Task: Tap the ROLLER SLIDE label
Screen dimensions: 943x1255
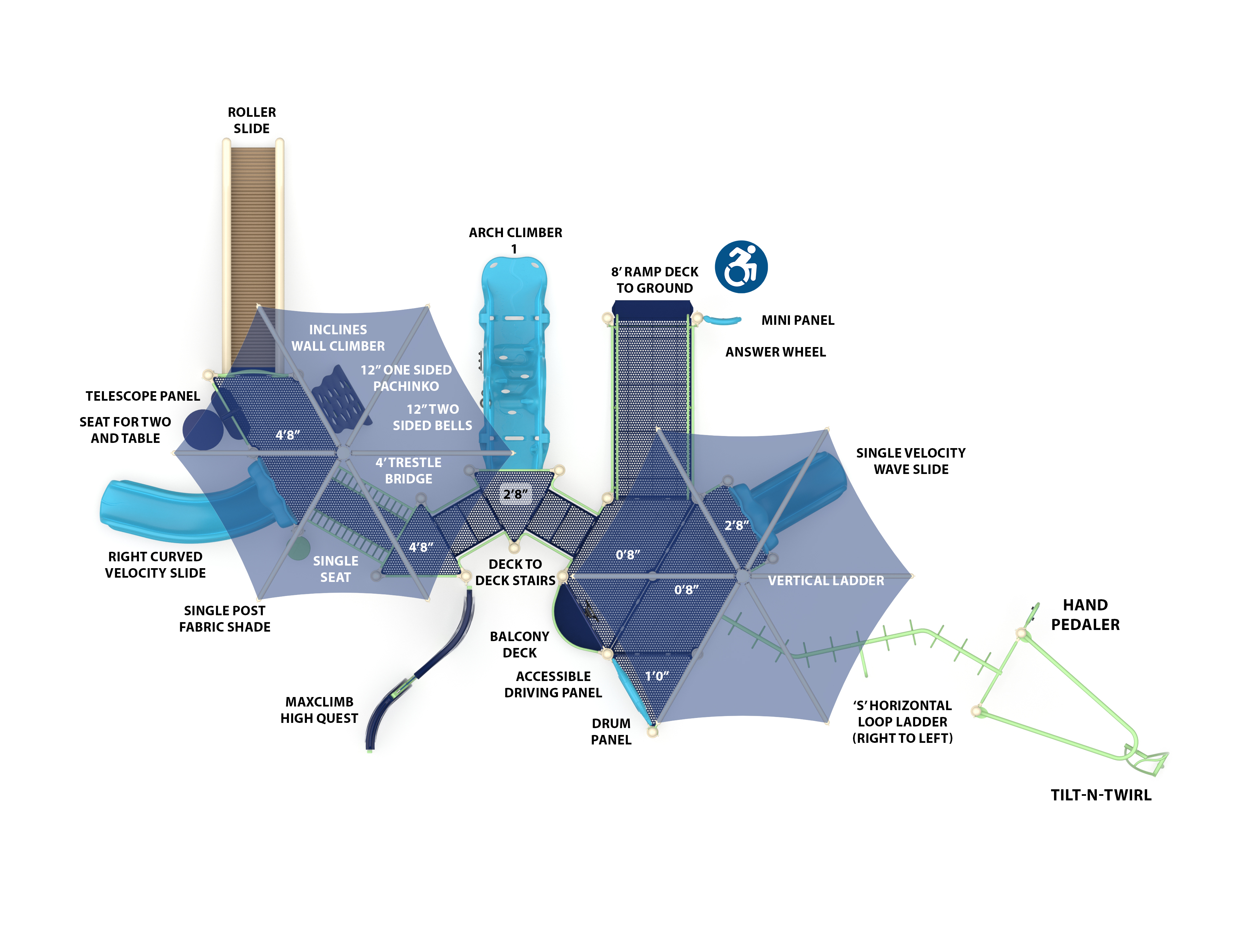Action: click(252, 120)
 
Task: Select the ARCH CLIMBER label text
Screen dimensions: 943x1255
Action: click(515, 233)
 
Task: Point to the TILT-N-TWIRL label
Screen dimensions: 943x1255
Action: click(1101, 795)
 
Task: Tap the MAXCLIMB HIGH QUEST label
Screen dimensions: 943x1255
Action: click(319, 710)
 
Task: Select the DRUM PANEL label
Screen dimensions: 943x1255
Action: click(611, 732)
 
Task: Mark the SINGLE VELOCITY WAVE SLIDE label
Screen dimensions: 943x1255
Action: click(911, 461)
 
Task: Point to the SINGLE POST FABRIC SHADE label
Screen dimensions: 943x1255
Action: click(225, 619)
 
